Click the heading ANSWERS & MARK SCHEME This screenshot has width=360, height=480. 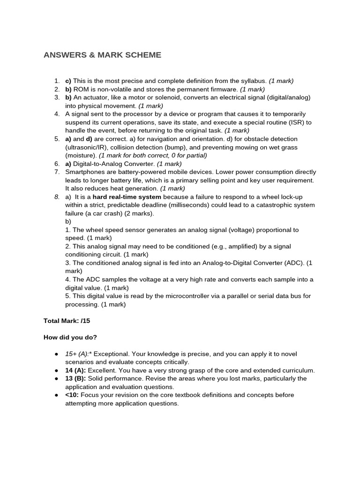point(102,55)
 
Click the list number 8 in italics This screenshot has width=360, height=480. point(56,197)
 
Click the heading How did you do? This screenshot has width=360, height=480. point(70,337)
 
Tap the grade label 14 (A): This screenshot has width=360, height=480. point(75,370)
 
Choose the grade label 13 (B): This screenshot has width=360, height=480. point(75,378)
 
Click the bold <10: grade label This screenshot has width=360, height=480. point(72,395)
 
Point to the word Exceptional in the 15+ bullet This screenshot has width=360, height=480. point(111,354)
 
